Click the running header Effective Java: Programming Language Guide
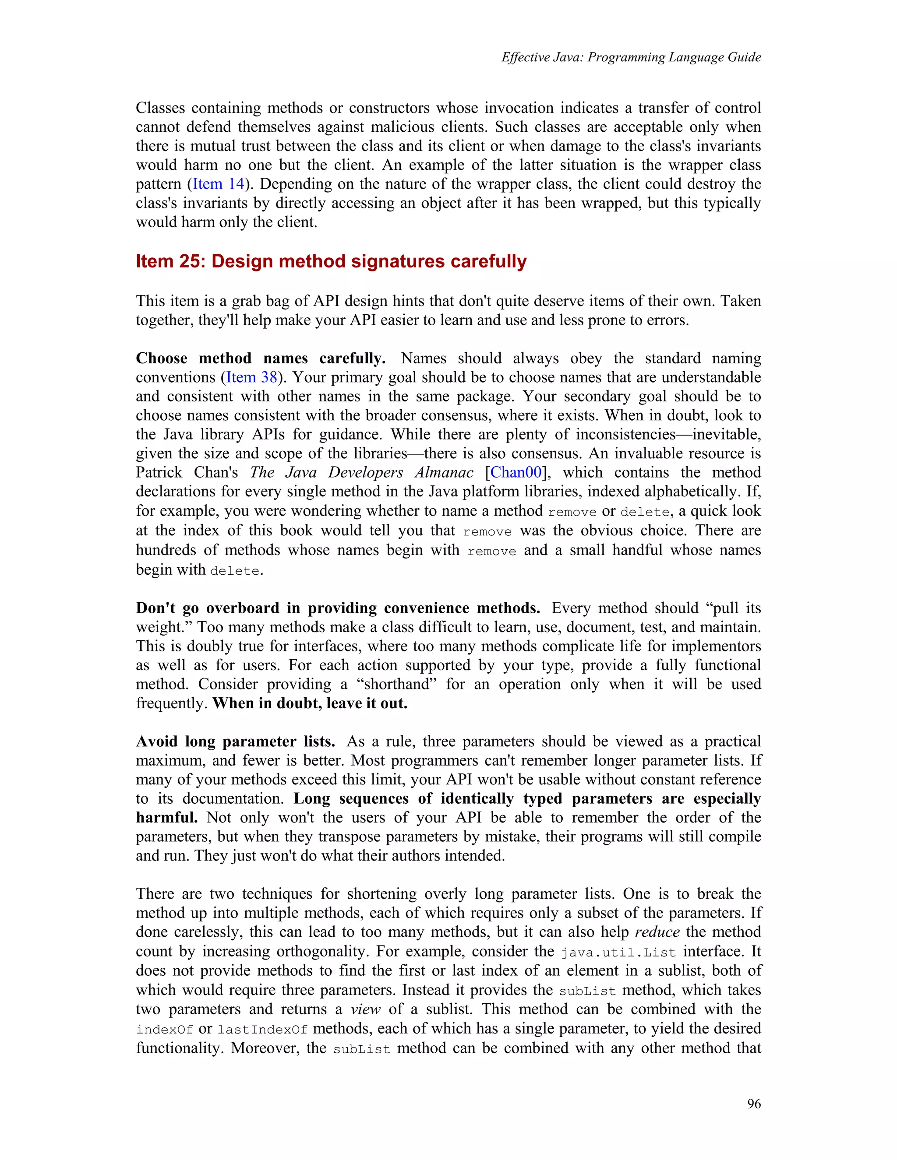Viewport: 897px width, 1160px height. tap(631, 57)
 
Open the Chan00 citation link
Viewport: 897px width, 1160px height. tap(516, 472)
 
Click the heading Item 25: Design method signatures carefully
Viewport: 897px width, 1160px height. tap(331, 261)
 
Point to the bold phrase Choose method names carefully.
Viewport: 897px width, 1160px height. tap(261, 358)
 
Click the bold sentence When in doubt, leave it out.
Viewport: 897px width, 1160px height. tap(310, 703)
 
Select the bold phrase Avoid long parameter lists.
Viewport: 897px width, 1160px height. tap(235, 742)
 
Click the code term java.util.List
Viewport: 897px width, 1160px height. tap(618, 953)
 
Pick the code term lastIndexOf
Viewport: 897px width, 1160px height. tap(262, 1030)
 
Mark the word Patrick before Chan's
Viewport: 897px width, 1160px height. tap(159, 472)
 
